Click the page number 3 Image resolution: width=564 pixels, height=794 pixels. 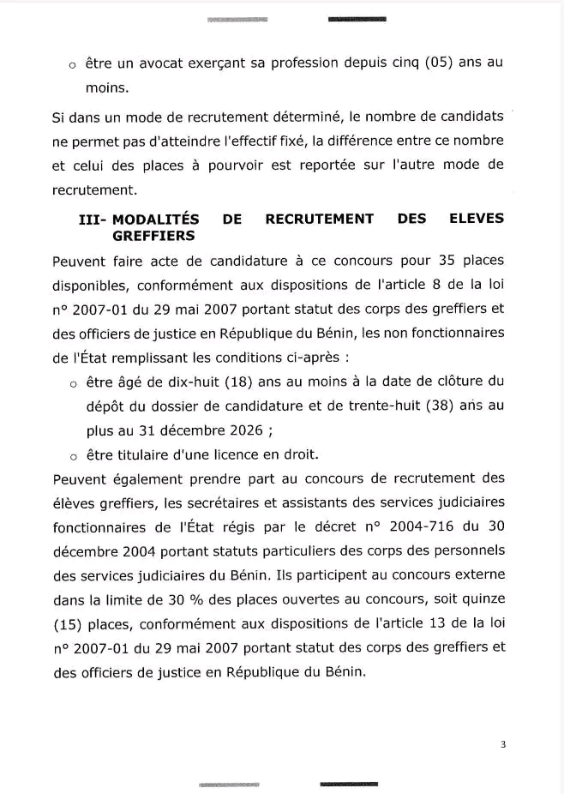point(503,744)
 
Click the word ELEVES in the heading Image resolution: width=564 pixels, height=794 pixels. point(476,219)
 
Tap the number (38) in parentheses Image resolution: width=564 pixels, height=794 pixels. point(441,405)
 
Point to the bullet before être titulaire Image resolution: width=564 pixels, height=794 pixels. point(74,455)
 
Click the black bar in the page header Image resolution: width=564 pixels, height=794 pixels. point(357,19)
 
